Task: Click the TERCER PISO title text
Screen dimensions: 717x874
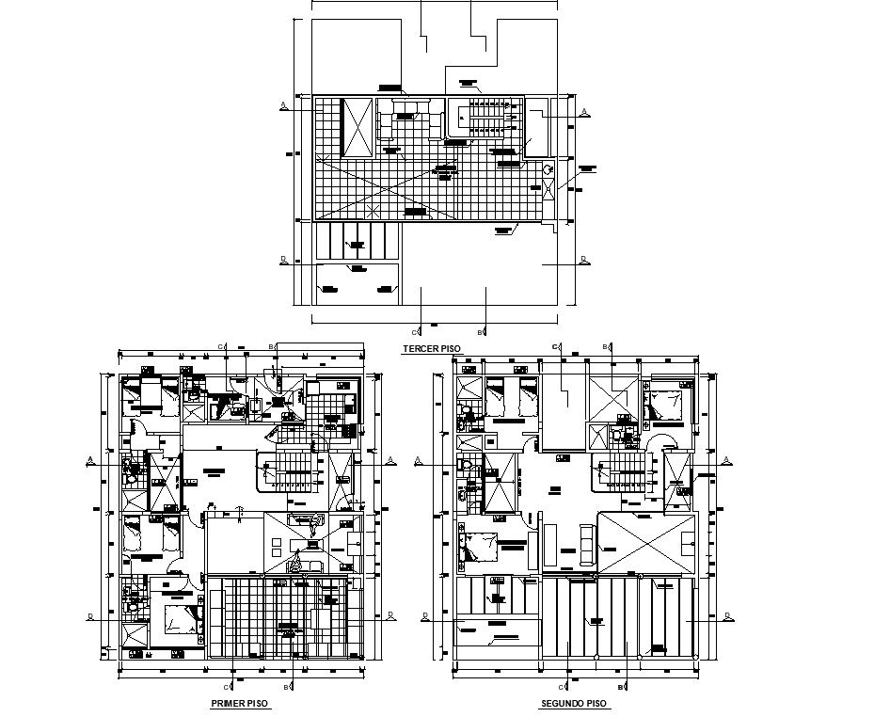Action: pyautogui.click(x=431, y=349)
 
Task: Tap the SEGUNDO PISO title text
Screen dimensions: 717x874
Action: pyautogui.click(x=573, y=704)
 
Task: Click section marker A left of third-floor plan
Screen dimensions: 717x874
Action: pyautogui.click(x=283, y=105)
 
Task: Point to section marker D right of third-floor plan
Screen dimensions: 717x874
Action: pyautogui.click(x=583, y=258)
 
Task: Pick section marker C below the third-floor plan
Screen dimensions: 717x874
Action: pyautogui.click(x=416, y=331)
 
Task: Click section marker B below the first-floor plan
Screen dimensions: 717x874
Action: pyautogui.click(x=294, y=686)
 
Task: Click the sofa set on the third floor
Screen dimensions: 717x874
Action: pyautogui.click(x=409, y=122)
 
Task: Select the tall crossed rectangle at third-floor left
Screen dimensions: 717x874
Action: pyautogui.click(x=358, y=127)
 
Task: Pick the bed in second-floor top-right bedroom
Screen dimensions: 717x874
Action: pyautogui.click(x=669, y=404)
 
